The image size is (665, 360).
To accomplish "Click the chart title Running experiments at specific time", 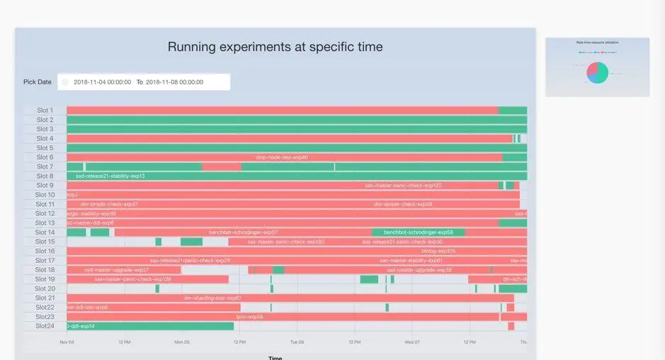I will [275, 47].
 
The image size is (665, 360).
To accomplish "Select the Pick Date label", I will [38, 82].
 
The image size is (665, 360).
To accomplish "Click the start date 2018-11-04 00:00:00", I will [102, 82].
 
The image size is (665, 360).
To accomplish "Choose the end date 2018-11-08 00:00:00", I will [174, 82].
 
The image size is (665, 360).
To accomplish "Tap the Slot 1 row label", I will [45, 111].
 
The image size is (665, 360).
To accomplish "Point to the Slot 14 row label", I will [45, 232].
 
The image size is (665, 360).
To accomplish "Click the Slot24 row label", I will [45, 326].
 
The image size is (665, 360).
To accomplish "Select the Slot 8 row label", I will [45, 176].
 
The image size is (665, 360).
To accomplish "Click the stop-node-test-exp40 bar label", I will [282, 157].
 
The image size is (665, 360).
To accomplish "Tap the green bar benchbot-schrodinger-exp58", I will [418, 232].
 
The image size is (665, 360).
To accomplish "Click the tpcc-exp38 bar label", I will [249, 317].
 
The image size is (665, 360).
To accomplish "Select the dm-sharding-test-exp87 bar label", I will [212, 298].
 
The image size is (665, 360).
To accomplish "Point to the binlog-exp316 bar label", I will [438, 251].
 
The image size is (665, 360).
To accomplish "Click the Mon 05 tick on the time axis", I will [182, 342].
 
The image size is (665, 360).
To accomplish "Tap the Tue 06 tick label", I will [297, 342].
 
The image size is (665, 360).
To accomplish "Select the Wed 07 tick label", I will [412, 342].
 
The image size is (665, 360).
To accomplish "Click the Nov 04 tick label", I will [67, 342].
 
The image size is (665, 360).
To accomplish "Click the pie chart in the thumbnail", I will [597, 72].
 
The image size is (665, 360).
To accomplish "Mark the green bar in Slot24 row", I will [150, 326].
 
